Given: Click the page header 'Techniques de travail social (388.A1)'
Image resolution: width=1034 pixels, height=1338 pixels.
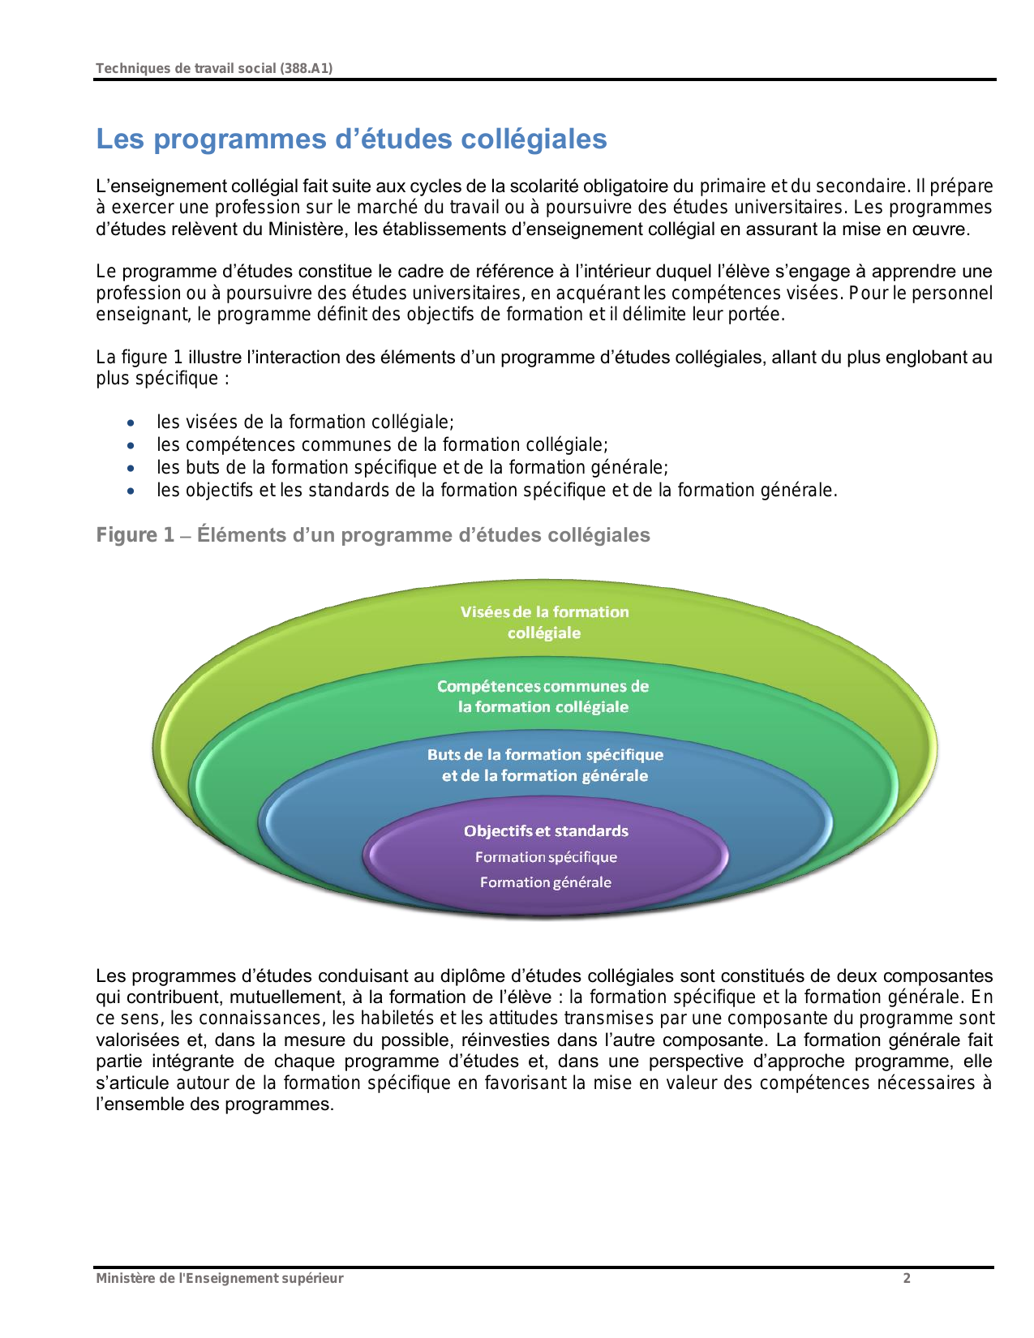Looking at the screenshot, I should tap(214, 68).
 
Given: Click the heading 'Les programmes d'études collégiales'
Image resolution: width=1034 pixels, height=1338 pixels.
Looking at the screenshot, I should tap(351, 139).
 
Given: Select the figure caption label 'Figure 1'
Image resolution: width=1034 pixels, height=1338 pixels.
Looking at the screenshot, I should tap(135, 535).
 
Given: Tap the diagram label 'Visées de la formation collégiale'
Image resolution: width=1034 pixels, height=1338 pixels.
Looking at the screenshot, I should tap(544, 622).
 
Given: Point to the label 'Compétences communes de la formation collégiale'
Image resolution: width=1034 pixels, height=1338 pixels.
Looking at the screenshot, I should tap(543, 696).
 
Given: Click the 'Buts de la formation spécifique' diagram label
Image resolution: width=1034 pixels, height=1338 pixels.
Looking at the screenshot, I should tap(545, 755).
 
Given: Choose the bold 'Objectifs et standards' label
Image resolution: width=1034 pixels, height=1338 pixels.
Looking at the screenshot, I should tap(546, 831).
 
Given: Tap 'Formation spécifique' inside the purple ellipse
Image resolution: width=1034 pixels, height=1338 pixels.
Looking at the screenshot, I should tap(546, 857).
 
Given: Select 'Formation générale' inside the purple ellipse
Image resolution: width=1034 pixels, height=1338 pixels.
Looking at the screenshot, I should tap(545, 882).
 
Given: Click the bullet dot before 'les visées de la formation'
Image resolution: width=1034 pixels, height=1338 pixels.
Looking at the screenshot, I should tap(131, 422).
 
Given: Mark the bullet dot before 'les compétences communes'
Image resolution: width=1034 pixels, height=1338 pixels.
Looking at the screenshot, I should tap(131, 445).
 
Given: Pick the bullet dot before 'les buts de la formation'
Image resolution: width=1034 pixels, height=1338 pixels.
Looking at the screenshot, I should tap(131, 468).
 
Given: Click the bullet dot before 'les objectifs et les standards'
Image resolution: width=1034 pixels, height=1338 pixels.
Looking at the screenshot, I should tap(131, 491).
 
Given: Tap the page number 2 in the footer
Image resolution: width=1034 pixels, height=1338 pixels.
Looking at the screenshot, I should tap(907, 1279).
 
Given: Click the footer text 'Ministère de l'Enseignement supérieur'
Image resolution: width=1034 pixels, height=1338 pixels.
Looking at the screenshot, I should tap(219, 1279).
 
